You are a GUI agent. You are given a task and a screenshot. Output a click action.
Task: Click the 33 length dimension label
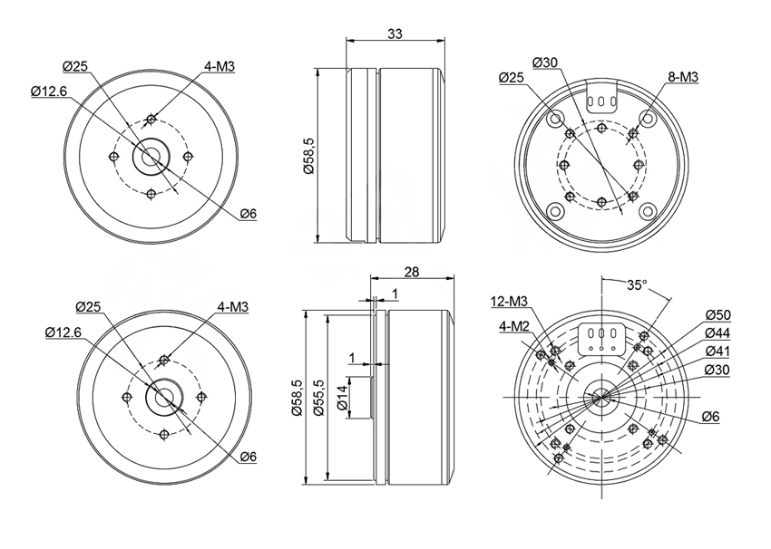tap(395, 34)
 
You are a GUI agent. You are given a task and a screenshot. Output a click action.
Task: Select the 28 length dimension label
tap(412, 272)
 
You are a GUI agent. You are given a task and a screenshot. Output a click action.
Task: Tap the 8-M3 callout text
tap(683, 77)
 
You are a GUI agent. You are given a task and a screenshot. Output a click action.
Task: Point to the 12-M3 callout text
tap(509, 301)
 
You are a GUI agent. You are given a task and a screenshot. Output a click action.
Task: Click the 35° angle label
tap(637, 284)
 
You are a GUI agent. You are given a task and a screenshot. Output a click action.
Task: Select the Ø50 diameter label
tap(717, 314)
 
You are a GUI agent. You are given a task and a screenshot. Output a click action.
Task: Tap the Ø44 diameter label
tap(717, 333)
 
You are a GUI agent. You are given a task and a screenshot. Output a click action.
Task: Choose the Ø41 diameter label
tap(717, 352)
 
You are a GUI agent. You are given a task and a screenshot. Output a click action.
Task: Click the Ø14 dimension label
tap(342, 398)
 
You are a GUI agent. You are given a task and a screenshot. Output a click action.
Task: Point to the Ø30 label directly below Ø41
tap(717, 370)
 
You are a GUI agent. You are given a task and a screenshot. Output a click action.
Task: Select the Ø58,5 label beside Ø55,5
tap(296, 398)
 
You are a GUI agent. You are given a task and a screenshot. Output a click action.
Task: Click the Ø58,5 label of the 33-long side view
tap(308, 155)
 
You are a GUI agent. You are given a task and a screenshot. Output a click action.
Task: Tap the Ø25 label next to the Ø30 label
tap(512, 77)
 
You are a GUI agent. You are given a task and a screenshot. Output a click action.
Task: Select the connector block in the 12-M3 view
tap(601, 339)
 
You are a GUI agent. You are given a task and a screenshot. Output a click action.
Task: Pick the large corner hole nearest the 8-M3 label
tap(648, 118)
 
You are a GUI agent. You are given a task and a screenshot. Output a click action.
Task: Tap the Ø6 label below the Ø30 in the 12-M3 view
tap(710, 417)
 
